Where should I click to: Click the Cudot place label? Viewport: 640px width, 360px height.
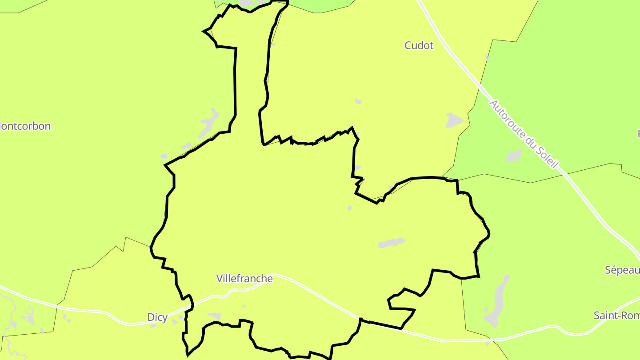click(419, 45)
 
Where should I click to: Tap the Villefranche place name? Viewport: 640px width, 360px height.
click(244, 279)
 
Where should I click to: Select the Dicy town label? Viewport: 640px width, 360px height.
click(157, 317)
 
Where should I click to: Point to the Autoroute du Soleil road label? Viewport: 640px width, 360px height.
click(523, 134)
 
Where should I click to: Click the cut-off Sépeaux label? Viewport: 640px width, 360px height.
click(622, 270)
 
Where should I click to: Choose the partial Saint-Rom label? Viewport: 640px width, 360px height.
click(616, 316)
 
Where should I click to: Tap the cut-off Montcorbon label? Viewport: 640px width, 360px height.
click(25, 126)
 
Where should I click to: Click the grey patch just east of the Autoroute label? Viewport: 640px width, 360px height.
click(514, 155)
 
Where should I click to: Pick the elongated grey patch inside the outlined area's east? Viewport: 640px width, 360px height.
click(391, 243)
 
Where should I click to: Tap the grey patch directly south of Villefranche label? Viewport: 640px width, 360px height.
click(215, 316)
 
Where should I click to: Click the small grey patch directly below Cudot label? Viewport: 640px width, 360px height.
click(358, 101)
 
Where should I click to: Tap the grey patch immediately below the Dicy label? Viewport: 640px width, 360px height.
click(153, 326)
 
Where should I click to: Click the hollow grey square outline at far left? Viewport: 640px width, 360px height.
click(30, 311)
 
